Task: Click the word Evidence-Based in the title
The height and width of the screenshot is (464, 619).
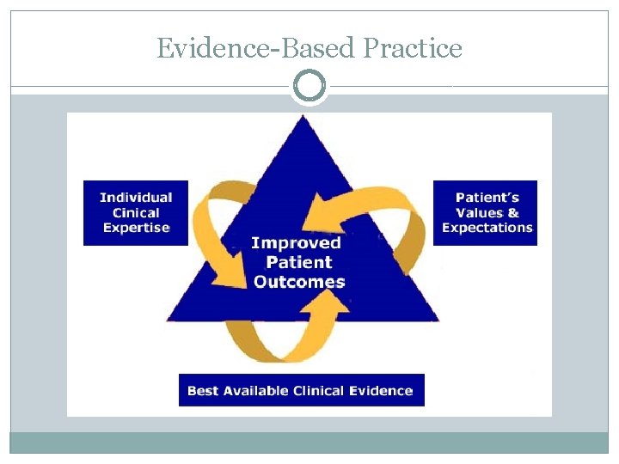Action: pos(256,49)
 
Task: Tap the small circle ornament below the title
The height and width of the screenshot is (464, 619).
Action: pos(309,86)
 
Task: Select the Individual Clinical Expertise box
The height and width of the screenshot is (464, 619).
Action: pos(135,213)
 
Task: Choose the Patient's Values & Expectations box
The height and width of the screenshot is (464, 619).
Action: pos(486,213)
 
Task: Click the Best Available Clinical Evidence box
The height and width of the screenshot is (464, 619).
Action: pos(301,390)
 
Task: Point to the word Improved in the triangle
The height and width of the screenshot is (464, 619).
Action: pos(296,243)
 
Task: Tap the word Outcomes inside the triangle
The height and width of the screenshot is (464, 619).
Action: pos(299,282)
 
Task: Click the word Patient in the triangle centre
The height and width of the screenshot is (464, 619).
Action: pos(299,262)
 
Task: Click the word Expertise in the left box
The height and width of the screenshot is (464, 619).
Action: pos(136,228)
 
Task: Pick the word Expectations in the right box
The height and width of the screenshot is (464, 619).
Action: pos(487,228)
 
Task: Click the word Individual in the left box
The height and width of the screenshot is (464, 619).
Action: pos(136,198)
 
